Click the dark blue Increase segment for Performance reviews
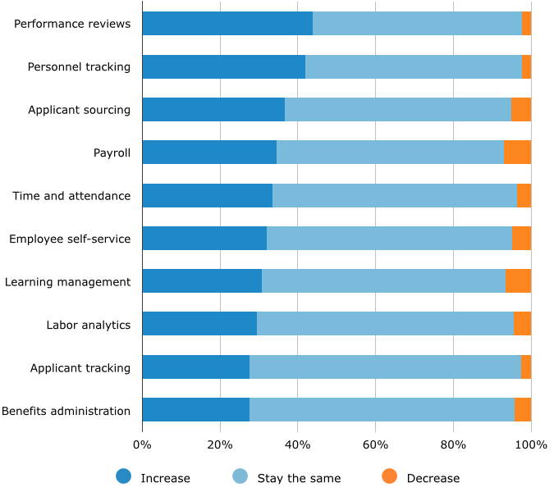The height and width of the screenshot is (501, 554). tap(227, 24)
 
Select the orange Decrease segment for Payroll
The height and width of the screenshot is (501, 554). tap(517, 152)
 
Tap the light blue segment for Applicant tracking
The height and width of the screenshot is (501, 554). tap(385, 367)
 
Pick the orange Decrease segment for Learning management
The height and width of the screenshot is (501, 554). tap(518, 280)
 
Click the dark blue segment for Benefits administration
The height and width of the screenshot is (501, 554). tap(195, 410)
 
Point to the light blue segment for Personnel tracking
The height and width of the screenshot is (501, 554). tap(413, 66)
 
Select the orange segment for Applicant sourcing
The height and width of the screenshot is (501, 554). tap(521, 109)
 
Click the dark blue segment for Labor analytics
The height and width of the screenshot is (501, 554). tap(199, 324)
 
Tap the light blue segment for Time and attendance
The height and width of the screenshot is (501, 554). tap(394, 195)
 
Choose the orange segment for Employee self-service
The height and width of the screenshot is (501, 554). tap(521, 238)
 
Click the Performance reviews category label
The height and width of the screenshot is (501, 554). tap(72, 24)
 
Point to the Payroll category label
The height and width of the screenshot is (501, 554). tap(112, 153)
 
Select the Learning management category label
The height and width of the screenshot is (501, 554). tap(67, 281)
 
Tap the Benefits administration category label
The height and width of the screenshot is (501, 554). tap(66, 411)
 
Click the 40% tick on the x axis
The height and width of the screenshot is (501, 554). tap(297, 444)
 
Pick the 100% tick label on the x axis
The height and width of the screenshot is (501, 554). tap(531, 444)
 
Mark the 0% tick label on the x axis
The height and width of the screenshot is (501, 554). tap(142, 444)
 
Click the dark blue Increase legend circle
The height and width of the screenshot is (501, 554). tap(124, 476)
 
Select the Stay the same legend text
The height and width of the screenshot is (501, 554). tap(299, 478)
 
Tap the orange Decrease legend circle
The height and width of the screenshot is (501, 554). tap(390, 476)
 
